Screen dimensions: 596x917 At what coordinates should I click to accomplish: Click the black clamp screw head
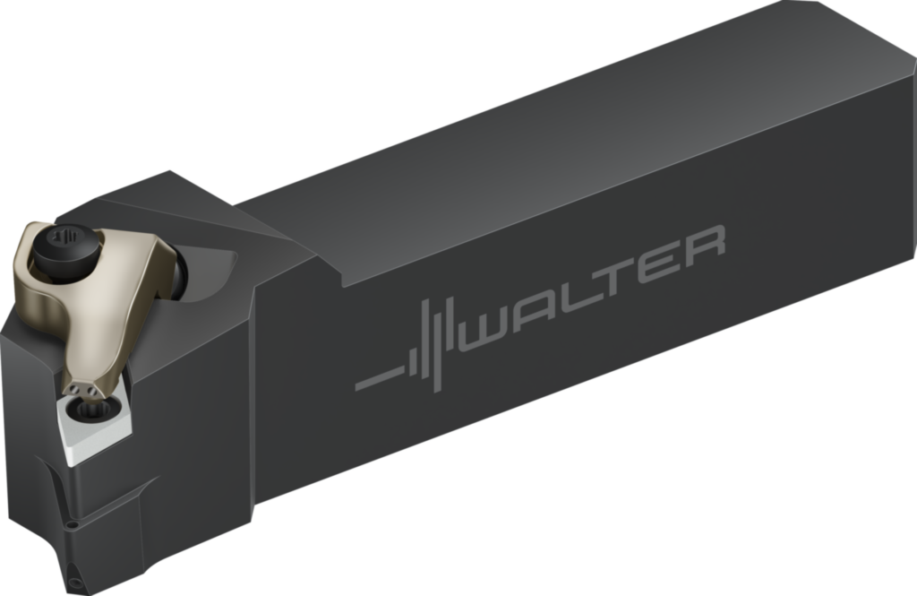[x=61, y=245]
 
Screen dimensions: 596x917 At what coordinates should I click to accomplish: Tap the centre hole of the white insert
[x=90, y=410]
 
